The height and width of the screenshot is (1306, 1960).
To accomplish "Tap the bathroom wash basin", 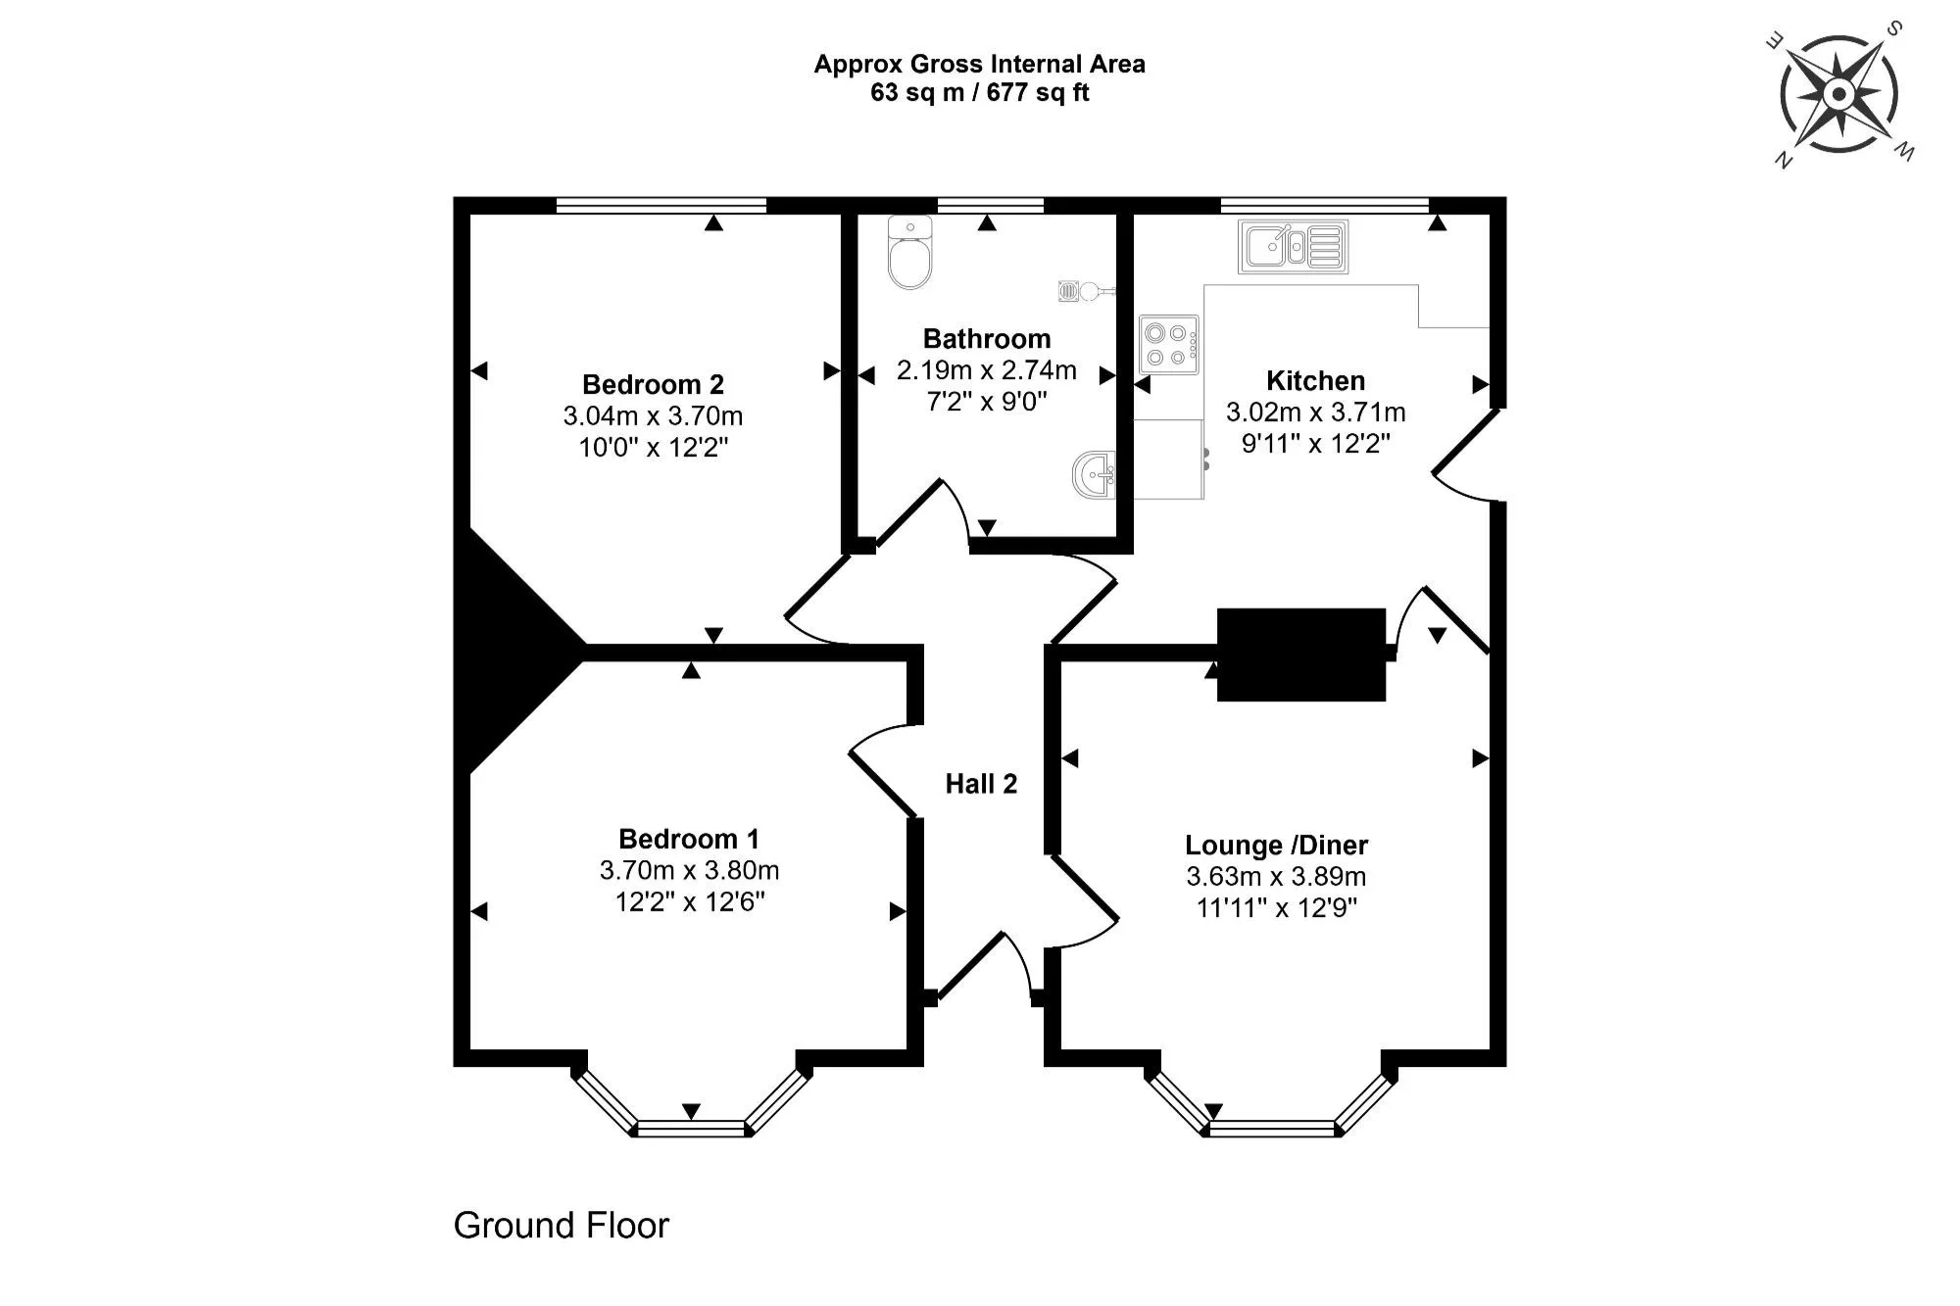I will tap(1095, 475).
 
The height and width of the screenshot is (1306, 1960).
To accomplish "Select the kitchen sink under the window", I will tap(1293, 246).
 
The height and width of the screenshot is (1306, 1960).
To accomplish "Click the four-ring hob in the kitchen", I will tap(1168, 345).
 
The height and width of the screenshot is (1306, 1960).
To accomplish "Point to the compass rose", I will tap(1838, 95).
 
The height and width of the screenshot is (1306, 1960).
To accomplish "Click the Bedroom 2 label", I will tap(653, 384).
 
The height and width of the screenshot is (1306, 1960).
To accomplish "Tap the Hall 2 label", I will tap(981, 784).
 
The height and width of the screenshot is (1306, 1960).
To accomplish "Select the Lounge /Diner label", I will tap(1276, 845).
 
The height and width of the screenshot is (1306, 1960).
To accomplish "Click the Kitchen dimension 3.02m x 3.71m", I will tap(1315, 412).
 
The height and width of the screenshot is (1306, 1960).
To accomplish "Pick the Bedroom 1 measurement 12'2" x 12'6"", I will tap(689, 901).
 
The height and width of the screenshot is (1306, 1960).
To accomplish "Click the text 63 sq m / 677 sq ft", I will tap(979, 93).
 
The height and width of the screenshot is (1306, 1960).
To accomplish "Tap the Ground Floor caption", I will tap(561, 1226).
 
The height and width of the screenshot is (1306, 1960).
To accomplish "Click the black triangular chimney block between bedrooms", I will tap(510, 647).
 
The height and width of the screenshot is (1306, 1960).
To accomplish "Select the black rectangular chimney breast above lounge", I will tap(1300, 654).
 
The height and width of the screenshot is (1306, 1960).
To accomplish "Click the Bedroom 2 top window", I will tap(661, 205).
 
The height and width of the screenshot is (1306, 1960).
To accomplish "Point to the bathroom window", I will tap(990, 205).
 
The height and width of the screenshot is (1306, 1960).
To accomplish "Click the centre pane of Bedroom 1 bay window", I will tap(691, 1129).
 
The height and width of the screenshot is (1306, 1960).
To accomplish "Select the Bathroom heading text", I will tap(986, 339).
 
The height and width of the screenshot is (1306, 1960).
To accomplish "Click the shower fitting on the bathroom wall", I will tap(1084, 290).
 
